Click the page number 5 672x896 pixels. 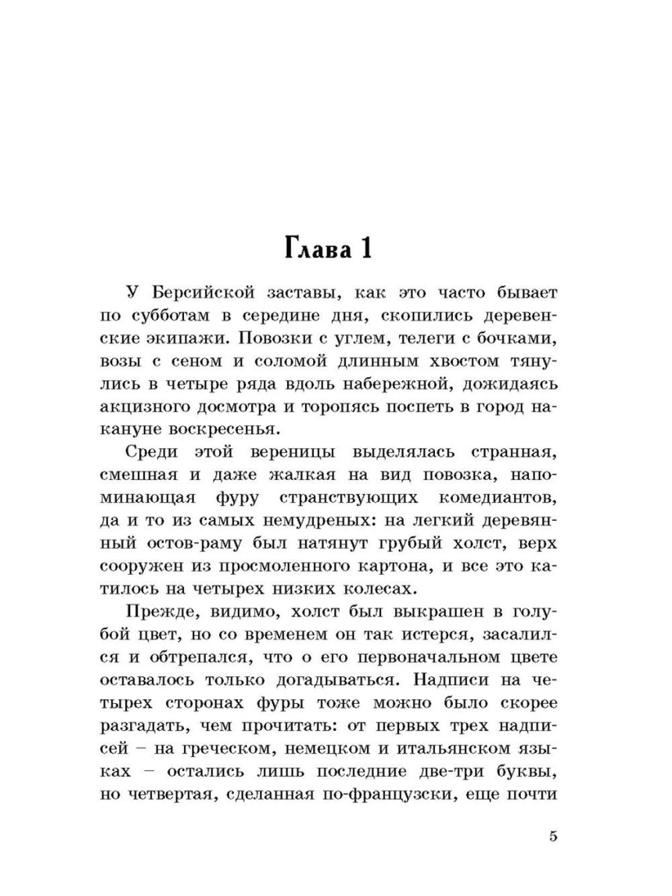coord(553,837)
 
